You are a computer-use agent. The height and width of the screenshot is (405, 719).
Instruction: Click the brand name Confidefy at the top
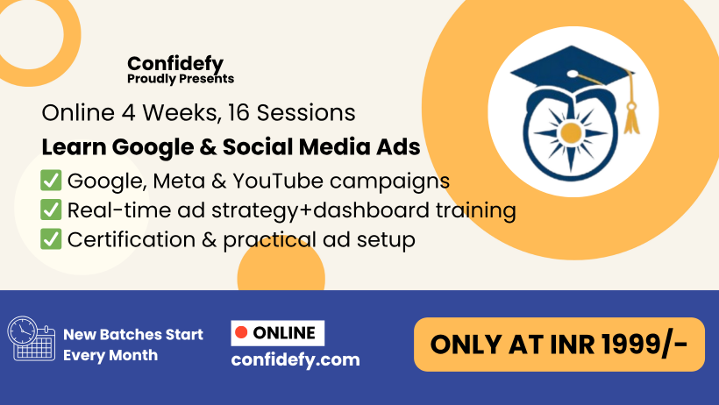(x=175, y=65)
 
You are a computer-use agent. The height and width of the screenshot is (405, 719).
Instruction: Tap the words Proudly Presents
(x=181, y=79)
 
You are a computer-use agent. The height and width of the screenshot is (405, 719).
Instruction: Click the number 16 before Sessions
(x=238, y=112)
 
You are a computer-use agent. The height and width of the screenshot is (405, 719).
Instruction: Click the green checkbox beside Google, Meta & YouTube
(x=51, y=181)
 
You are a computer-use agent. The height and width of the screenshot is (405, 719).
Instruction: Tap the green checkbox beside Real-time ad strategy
(x=51, y=210)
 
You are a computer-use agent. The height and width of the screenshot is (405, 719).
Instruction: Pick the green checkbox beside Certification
(x=51, y=239)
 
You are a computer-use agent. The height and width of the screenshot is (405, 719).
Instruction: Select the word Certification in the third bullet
(x=132, y=239)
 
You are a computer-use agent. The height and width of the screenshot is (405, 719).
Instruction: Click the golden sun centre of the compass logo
(x=571, y=133)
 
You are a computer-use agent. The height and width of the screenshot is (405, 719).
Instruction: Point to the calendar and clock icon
(x=32, y=338)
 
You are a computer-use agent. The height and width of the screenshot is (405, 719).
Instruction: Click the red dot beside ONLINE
(x=241, y=332)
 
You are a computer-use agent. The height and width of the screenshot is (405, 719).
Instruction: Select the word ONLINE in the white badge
(x=284, y=333)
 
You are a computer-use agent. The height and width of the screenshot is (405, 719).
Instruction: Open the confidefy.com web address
(x=295, y=360)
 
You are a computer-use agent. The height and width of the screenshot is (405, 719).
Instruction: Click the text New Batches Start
(x=133, y=334)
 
